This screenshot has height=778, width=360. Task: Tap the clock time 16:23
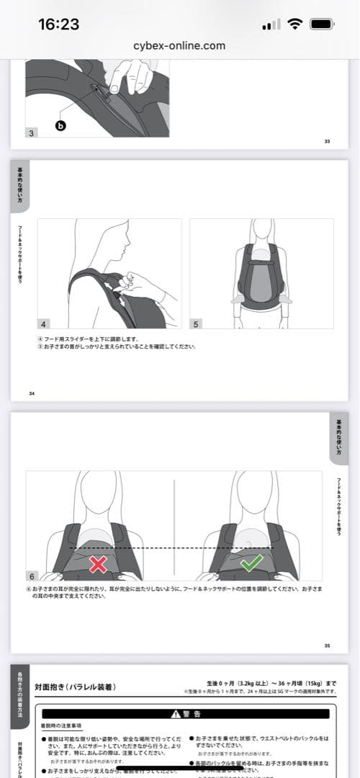pyautogui.click(x=58, y=24)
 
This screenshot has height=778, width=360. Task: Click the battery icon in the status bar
pyautogui.click(x=321, y=24)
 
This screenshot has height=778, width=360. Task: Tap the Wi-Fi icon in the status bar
pyautogui.click(x=294, y=24)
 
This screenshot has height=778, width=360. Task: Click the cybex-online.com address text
pyautogui.click(x=179, y=45)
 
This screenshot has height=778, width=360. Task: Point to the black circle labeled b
pyautogui.click(x=61, y=125)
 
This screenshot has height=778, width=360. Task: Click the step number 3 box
pyautogui.click(x=32, y=133)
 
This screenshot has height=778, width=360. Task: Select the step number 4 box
pyautogui.click(x=43, y=324)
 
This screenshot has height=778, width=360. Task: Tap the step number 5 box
pyautogui.click(x=196, y=324)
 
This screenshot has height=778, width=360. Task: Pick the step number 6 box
pyautogui.click(x=32, y=576)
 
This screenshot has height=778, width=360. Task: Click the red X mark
pyautogui.click(x=98, y=564)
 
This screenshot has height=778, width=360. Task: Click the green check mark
pyautogui.click(x=251, y=563)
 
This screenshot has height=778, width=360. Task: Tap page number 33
pyautogui.click(x=326, y=141)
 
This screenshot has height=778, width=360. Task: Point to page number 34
pyautogui.click(x=32, y=393)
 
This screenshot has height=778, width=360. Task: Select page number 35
pyautogui.click(x=326, y=645)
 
